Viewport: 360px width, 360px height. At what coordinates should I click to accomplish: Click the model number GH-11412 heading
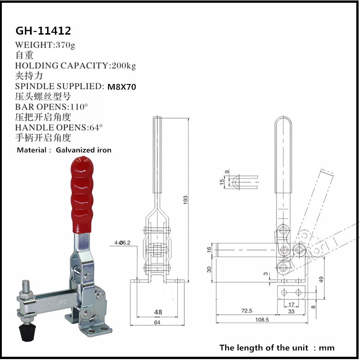tap(43, 31)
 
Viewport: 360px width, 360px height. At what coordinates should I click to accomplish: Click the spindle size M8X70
tap(121, 86)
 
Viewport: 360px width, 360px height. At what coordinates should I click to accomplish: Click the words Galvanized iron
tap(84, 150)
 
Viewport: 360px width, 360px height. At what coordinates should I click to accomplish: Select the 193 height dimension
tap(186, 199)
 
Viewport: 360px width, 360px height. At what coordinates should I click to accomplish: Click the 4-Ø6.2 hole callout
tap(122, 242)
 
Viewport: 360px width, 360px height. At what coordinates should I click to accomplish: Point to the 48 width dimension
tap(158, 312)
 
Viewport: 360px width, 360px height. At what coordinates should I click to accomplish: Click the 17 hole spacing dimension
tap(291, 305)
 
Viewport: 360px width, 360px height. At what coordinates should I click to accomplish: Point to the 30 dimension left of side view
tap(209, 269)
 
